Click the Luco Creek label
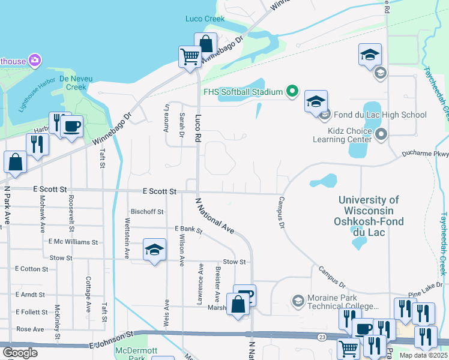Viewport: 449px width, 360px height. (x=205, y=19)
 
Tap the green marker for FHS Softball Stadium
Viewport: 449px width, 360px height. (x=292, y=92)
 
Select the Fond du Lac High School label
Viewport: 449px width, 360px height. (x=380, y=115)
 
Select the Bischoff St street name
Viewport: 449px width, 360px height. (x=147, y=212)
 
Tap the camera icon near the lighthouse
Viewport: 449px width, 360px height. (x=35, y=60)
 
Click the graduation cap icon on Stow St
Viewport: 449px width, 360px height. (x=154, y=250)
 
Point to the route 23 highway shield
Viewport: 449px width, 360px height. (x=322, y=337)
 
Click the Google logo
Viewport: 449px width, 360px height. (x=20, y=353)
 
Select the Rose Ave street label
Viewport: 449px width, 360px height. (x=30, y=329)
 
